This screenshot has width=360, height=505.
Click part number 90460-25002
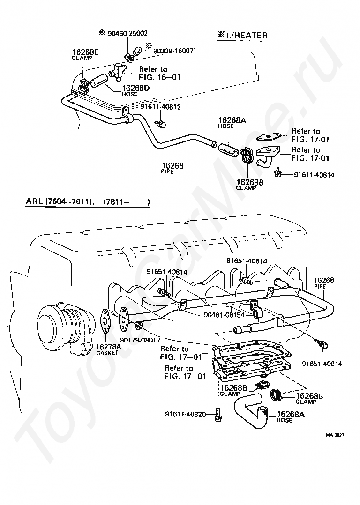(x=127, y=33)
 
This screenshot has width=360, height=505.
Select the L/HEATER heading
(x=243, y=35)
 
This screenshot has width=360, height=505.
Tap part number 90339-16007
(x=173, y=51)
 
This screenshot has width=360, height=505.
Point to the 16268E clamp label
(x=82, y=54)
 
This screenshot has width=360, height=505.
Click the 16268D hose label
(x=135, y=90)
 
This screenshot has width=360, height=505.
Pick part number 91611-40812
(x=160, y=107)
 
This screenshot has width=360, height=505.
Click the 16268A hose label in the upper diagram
(x=232, y=122)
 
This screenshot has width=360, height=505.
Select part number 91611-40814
(x=314, y=175)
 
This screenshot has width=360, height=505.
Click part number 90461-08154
(x=224, y=315)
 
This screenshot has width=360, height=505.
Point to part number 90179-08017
(x=141, y=340)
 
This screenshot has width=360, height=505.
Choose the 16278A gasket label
(x=109, y=349)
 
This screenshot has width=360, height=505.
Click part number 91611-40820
(x=186, y=414)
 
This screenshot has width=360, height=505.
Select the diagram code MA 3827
(x=335, y=435)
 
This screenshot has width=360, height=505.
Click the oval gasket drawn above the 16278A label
(x=106, y=320)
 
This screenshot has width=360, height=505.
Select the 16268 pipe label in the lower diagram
(x=324, y=282)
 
